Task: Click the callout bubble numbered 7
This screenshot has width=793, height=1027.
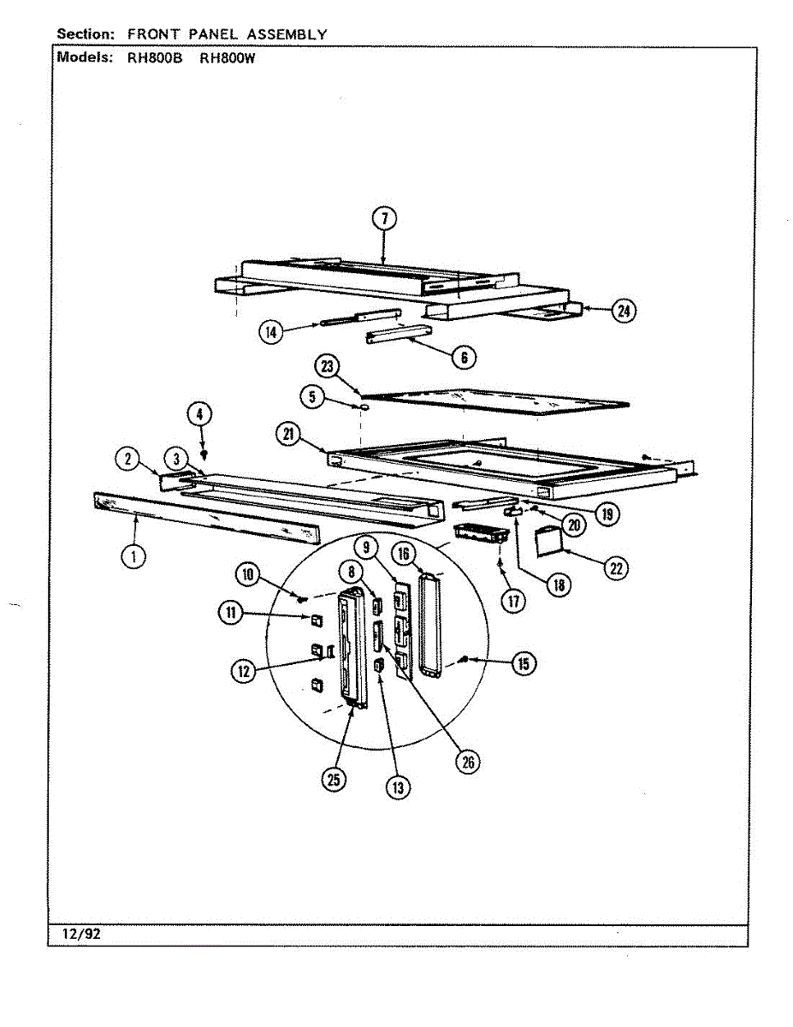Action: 384,218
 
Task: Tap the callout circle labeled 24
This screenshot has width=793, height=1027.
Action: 624,312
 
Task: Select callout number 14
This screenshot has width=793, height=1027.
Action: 272,332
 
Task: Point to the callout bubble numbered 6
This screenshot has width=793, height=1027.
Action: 465,357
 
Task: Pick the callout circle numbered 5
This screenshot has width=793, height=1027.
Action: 312,395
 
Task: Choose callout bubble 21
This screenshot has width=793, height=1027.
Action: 287,435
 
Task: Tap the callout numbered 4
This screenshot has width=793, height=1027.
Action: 199,414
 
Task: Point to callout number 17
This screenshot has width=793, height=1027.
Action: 513,602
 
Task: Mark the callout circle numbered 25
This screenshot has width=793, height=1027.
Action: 334,779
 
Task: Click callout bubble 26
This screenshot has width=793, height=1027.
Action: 467,762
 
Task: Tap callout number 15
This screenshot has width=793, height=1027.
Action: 524,663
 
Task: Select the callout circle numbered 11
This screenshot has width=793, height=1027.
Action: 228,613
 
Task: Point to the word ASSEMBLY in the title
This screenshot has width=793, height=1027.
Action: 287,34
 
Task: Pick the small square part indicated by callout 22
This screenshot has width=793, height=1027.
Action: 547,539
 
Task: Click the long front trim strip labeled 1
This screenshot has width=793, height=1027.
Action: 205,519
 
